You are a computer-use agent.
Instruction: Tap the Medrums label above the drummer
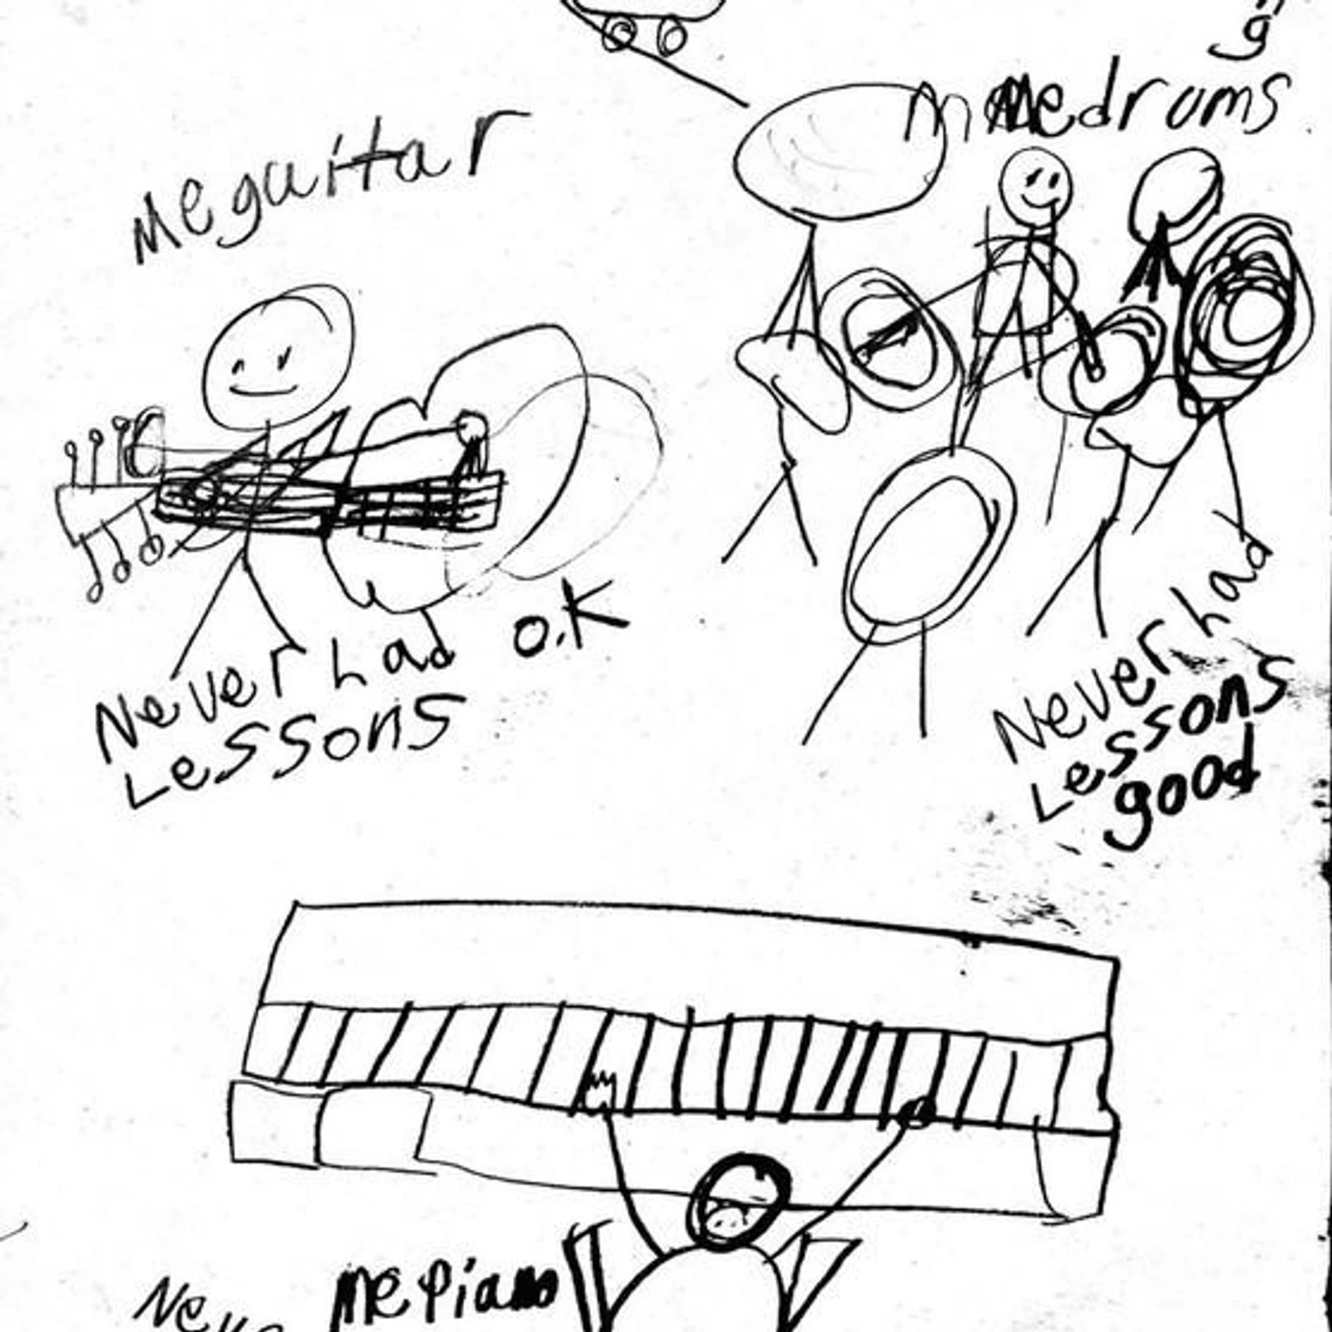coord(1094,109)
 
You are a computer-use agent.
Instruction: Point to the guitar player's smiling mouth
coord(266,390)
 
